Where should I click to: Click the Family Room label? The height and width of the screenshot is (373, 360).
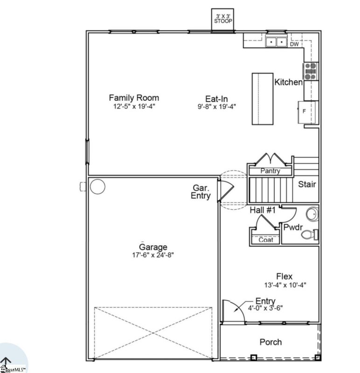click(x=134, y=98)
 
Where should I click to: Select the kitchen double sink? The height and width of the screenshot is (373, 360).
click(x=277, y=42)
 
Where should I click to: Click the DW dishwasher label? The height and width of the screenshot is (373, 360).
click(x=294, y=44)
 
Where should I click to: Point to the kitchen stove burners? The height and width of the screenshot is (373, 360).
click(x=311, y=71)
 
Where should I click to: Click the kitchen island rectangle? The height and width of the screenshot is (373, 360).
click(x=263, y=98)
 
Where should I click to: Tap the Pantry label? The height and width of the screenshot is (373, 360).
click(x=270, y=171)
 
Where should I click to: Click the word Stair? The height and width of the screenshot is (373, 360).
click(x=307, y=184)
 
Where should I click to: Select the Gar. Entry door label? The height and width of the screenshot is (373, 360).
click(x=201, y=192)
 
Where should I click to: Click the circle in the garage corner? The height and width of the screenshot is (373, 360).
click(x=97, y=186)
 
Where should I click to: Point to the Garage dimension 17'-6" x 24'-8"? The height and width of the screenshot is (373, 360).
click(x=153, y=255)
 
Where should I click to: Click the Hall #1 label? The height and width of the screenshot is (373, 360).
click(x=263, y=211)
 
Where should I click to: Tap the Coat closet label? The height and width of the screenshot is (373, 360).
click(x=266, y=240)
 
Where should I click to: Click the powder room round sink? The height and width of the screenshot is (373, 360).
click(x=312, y=215)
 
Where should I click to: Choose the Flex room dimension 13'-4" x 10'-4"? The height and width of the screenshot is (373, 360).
click(x=284, y=284)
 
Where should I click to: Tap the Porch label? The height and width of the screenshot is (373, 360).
click(x=270, y=342)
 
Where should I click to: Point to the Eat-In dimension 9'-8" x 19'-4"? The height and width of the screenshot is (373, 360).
click(x=216, y=106)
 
